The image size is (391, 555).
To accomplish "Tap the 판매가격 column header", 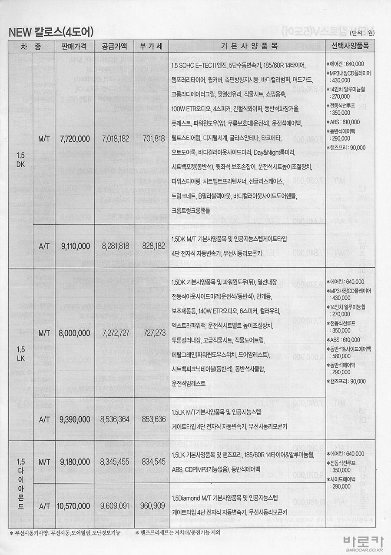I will click(75, 46).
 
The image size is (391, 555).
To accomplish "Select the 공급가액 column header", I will click(115, 46).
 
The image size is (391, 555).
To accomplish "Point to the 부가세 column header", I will click(148, 46).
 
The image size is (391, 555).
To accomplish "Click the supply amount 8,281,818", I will click(116, 246).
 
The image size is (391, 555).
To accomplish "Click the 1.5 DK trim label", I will click(21, 160).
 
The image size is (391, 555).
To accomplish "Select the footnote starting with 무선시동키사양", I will click(65, 532).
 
